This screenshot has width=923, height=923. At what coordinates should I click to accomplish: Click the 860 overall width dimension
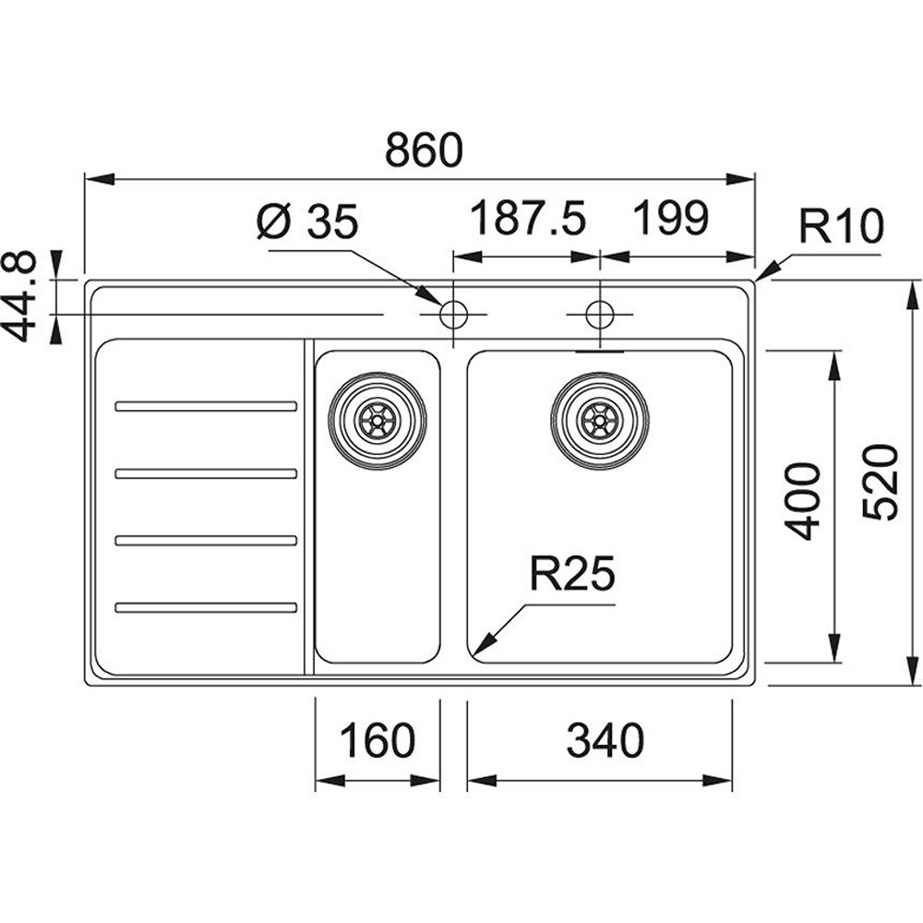tap(424, 150)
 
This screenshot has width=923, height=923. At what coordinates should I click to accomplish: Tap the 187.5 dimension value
tap(527, 220)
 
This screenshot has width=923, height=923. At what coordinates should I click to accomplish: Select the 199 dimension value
tap(670, 220)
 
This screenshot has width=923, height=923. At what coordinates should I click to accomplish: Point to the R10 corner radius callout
tap(841, 226)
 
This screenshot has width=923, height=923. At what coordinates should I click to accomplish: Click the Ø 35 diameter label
tap(306, 222)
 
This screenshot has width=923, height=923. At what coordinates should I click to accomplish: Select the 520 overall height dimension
tap(881, 482)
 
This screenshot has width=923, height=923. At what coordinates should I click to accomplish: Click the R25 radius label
tap(571, 576)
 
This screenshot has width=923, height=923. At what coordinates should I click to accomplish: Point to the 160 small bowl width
tap(378, 740)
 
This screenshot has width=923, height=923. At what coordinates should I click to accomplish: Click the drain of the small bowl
tap(378, 421)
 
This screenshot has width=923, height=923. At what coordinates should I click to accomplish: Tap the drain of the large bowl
tap(600, 421)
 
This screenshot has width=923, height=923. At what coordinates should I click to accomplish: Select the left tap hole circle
tap(453, 315)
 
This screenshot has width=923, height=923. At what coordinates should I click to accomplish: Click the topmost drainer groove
tap(205, 406)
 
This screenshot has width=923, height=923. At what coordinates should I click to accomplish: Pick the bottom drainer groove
tap(205, 607)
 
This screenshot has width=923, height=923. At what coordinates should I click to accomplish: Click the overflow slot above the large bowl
tap(600, 352)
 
